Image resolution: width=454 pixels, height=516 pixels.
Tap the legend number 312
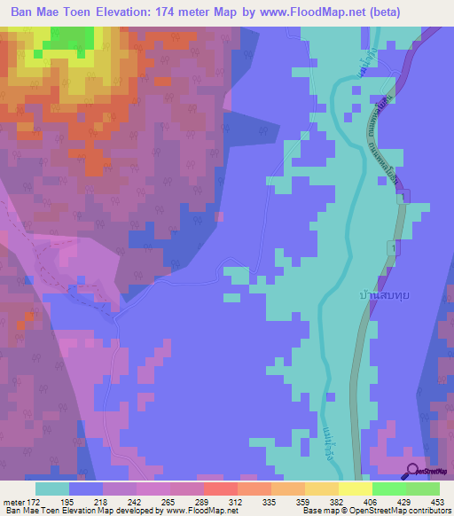pos(234,502)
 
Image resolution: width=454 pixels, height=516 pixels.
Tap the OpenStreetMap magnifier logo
pos(412,473)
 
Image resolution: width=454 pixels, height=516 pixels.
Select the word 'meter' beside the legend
pos(13,502)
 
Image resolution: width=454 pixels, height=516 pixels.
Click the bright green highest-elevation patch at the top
pos(71,37)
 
